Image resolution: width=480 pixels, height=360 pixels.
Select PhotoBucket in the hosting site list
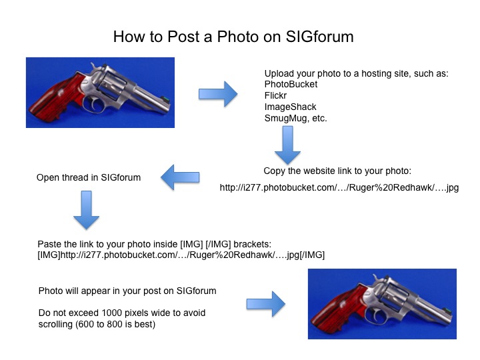tap(291, 84)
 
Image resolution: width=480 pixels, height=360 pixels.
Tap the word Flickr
tap(275, 95)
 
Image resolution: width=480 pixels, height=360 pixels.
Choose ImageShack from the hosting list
tap(290, 107)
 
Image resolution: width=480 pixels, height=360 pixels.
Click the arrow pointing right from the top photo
tap(218, 94)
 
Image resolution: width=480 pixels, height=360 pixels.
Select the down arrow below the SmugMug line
tap(287, 145)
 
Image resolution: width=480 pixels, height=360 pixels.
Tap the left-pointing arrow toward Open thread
tap(180, 177)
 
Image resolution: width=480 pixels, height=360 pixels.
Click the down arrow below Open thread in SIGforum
tap(86, 210)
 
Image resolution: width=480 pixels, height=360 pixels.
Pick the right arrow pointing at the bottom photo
tap(266, 304)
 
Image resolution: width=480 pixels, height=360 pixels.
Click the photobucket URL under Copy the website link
tap(339, 187)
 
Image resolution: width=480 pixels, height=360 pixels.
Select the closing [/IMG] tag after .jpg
tap(312, 255)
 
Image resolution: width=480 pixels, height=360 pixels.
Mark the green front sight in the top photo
tap(165, 99)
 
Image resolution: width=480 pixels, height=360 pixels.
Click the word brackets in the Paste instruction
tap(251, 244)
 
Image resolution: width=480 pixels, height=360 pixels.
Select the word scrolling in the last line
tap(55, 324)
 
